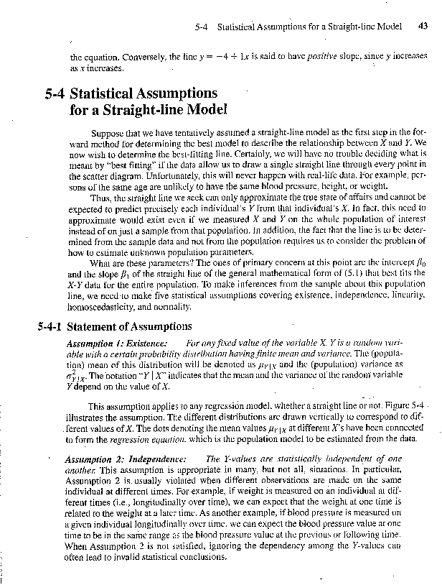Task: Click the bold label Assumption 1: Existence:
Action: pos(117,345)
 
